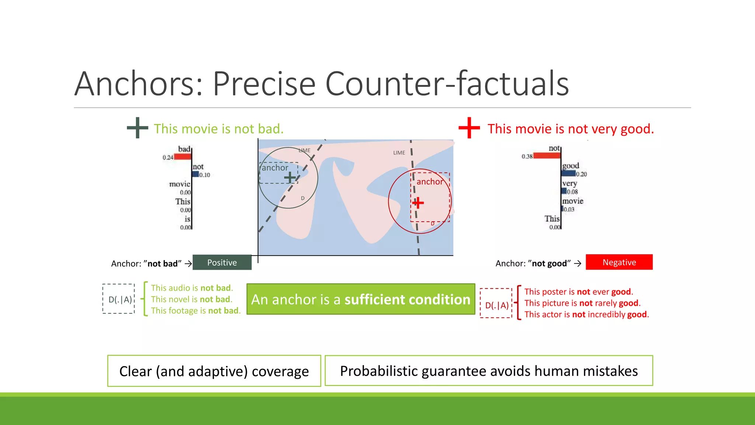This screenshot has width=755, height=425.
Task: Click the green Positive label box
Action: tap(222, 262)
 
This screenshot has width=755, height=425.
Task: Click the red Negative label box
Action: tap(619, 262)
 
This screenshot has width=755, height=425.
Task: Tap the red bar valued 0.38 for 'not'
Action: tap(547, 156)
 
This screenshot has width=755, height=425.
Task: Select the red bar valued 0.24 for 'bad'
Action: tap(182, 157)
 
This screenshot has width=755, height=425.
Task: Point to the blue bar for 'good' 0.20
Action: tap(569, 173)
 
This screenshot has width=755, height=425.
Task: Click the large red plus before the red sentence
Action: tap(469, 128)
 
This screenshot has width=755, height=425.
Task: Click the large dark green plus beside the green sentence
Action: tap(137, 128)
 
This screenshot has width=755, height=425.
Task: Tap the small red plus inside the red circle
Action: tap(418, 203)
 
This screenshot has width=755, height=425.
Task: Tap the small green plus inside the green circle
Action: tap(290, 177)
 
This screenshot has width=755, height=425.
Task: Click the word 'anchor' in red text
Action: tap(429, 182)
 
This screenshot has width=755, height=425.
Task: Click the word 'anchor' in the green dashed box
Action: tap(275, 168)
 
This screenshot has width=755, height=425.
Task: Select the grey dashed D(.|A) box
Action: tap(119, 299)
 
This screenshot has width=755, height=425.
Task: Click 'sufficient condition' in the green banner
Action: tap(407, 300)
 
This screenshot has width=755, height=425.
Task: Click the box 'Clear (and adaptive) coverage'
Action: tap(214, 371)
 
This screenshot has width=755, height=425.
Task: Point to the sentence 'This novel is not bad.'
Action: tap(191, 299)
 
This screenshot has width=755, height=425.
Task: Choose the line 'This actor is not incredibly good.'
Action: tap(586, 314)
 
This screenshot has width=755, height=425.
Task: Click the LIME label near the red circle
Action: tap(399, 153)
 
